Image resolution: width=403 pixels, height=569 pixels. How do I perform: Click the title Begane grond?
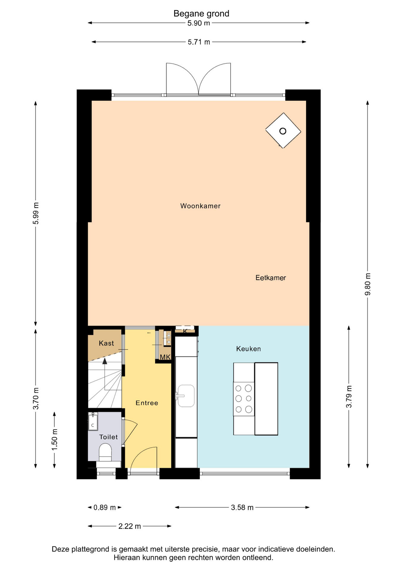pos(201,14)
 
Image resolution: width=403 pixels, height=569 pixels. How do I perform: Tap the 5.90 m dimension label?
pos(199,23)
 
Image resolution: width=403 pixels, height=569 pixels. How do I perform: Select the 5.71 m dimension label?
pos(199,42)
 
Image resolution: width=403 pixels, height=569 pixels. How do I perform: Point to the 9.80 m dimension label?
pos(368,284)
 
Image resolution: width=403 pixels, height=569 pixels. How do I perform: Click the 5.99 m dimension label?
pos(36,213)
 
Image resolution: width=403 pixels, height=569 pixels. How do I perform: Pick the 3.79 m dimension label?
pos(349,397)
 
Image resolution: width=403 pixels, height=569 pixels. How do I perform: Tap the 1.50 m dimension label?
pos(55,439)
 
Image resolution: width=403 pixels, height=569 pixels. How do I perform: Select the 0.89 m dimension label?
pos(104,508)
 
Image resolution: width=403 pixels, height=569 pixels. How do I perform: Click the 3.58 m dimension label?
pos(242,508)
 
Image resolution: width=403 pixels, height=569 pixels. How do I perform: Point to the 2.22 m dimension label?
pos(130,526)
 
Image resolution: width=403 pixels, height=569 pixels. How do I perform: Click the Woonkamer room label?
pos(200,206)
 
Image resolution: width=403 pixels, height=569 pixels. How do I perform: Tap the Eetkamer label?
pos(271,278)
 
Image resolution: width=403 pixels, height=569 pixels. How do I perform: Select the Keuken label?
pos(248,349)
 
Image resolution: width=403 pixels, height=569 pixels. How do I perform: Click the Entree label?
pos(147,403)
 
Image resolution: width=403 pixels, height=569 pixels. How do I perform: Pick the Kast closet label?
pos(106,343)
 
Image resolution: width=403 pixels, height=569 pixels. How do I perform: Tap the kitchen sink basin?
pos(186,396)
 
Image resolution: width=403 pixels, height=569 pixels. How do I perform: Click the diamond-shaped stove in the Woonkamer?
pos(283,131)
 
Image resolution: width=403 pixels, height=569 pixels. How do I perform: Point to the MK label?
pos(165,357)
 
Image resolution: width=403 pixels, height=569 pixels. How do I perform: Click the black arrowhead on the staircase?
pos(105,361)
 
